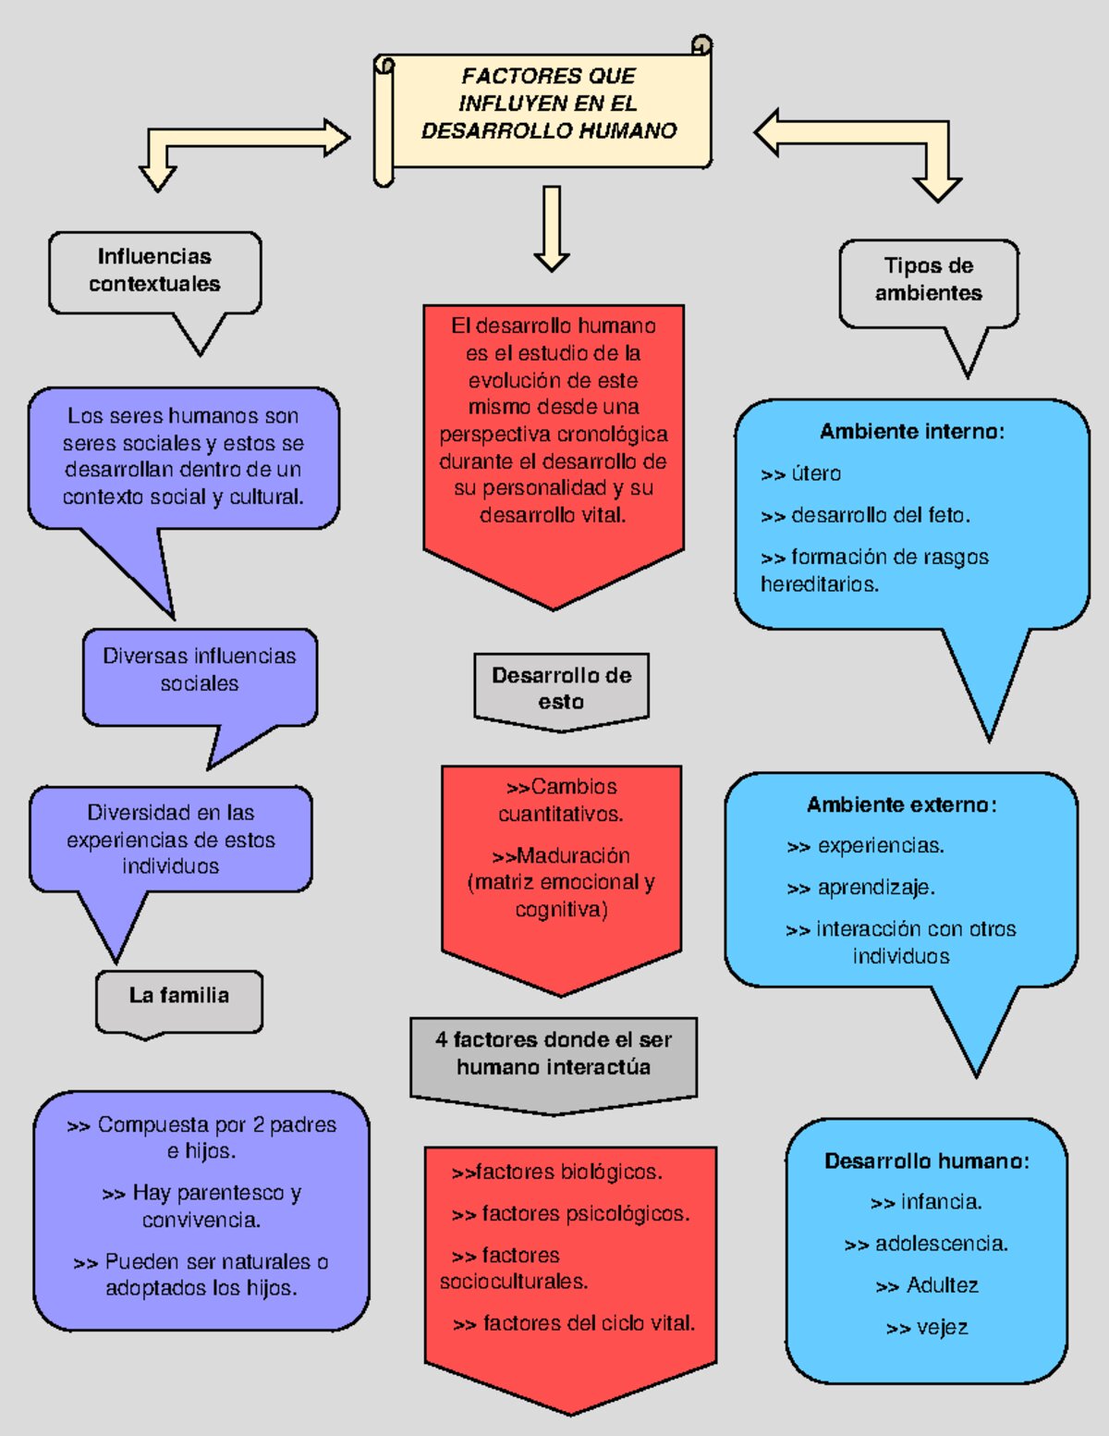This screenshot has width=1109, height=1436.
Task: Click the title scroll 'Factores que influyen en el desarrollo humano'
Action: pyautogui.click(x=549, y=104)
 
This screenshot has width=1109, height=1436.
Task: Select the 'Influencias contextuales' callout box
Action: pyautogui.click(x=154, y=271)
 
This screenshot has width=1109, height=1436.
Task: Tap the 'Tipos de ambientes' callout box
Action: pyautogui.click(x=928, y=280)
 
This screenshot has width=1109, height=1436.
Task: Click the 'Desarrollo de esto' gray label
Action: pyautogui.click(x=561, y=689)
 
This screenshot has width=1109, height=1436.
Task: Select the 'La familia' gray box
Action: pyautogui.click(x=179, y=997)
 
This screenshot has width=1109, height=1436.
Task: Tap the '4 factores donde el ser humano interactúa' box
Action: pyautogui.click(x=553, y=1054)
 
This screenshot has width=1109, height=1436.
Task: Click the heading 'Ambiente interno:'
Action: pyautogui.click(x=911, y=432)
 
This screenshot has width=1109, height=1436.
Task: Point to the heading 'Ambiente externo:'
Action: pyautogui.click(x=901, y=805)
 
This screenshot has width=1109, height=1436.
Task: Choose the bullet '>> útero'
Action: pyautogui.click(x=800, y=474)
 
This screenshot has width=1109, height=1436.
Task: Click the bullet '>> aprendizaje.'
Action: pyautogui.click(x=860, y=889)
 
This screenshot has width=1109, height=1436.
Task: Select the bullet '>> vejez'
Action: pyautogui.click(x=926, y=1329)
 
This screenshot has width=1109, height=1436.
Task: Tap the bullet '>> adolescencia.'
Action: pyautogui.click(x=926, y=1245)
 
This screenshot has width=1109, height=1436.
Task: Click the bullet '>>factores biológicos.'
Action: pyautogui.click(x=556, y=1172)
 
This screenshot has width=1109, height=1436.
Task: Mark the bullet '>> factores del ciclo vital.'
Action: pyautogui.click(x=574, y=1324)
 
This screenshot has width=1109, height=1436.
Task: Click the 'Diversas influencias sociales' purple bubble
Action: pyautogui.click(x=200, y=670)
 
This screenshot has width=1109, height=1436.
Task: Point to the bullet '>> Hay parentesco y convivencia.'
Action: pyautogui.click(x=201, y=1207)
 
